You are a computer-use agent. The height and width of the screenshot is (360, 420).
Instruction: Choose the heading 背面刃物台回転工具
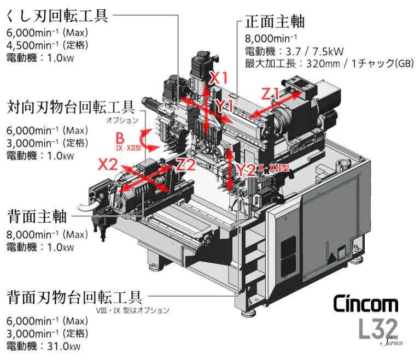click(74, 298)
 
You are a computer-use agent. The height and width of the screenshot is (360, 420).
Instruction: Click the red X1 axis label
click(219, 78)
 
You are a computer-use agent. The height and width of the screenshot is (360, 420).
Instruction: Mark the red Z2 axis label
click(185, 164)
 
